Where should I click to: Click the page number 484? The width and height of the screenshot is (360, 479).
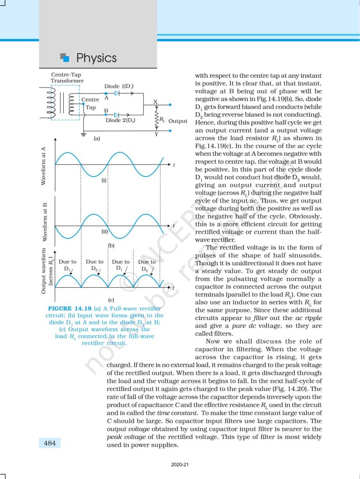click(x=48, y=442)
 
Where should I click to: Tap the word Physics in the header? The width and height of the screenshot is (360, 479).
click(x=96, y=58)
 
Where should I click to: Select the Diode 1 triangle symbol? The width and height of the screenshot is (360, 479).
click(x=117, y=94)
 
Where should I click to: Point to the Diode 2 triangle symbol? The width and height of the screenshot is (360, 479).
click(x=117, y=115)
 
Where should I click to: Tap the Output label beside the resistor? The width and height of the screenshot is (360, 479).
click(x=177, y=121)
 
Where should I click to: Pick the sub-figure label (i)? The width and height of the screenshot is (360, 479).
click(x=105, y=180)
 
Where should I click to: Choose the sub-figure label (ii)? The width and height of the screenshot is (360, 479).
click(x=105, y=231)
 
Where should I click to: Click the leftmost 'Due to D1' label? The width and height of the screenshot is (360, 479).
click(x=67, y=265)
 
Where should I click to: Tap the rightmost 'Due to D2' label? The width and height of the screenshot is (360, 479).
click(x=147, y=265)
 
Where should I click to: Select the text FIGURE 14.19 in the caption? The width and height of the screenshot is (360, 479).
click(x=70, y=309)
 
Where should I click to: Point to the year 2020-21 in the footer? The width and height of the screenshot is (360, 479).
click(x=180, y=464)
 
